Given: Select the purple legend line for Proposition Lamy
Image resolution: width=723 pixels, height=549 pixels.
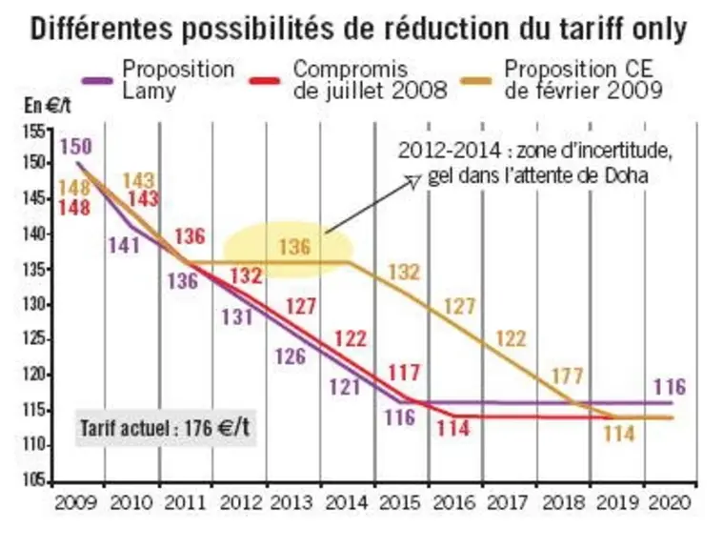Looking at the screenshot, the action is click(97, 81).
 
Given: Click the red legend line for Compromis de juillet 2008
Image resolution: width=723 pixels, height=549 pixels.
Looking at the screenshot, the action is click(265, 81).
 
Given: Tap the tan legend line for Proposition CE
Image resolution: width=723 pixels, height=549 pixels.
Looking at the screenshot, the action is click(476, 81).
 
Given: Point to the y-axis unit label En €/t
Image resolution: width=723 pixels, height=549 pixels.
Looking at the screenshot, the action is click(48, 106).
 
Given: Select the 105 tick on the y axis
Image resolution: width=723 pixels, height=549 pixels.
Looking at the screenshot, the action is click(34, 480).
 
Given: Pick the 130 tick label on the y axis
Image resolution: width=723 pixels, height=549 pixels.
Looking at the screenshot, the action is click(34, 305).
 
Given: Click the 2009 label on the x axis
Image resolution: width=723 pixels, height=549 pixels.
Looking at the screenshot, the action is click(76, 502).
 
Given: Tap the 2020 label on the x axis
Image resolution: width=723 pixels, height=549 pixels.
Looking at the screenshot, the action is click(670, 502).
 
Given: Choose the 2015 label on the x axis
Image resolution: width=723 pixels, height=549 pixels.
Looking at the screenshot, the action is click(400, 502).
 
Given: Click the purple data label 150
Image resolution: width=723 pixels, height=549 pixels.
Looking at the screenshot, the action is click(76, 147).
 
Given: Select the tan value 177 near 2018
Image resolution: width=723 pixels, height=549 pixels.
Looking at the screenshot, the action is click(568, 376).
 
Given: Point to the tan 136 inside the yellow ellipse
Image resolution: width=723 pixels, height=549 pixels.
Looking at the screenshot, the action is click(294, 247).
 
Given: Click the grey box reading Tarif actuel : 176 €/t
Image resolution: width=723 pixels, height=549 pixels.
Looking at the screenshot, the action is click(166, 428).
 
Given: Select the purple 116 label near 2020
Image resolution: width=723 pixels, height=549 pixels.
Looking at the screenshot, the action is click(670, 387).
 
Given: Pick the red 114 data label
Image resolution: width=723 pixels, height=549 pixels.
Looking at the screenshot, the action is click(452, 429).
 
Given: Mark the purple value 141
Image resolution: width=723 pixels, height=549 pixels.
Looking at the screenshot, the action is click(124, 245).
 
